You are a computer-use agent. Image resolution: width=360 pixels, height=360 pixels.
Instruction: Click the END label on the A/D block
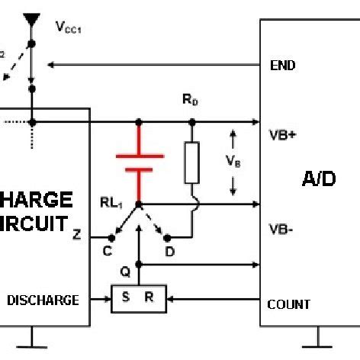(x=283, y=66)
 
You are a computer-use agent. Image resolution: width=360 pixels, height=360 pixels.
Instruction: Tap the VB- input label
(x=282, y=228)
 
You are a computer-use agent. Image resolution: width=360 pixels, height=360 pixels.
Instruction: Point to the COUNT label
(x=288, y=304)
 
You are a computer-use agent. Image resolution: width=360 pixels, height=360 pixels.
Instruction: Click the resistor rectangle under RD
(x=192, y=162)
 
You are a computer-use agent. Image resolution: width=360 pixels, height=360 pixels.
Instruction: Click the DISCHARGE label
(x=43, y=300)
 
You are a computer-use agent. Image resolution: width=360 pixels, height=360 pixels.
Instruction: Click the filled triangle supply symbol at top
(x=31, y=19)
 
